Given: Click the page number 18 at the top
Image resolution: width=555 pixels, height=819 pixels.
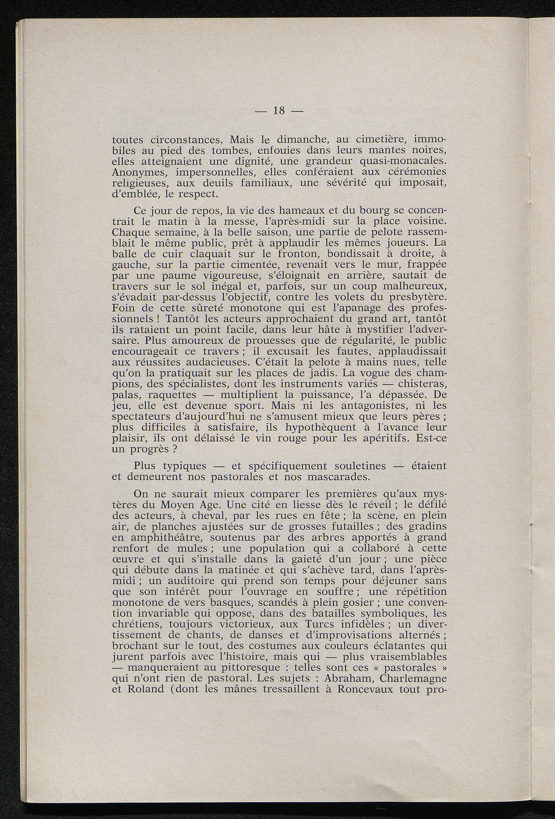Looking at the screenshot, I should (x=279, y=110).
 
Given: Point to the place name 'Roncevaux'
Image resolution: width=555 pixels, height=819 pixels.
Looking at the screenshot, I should (x=365, y=689).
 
